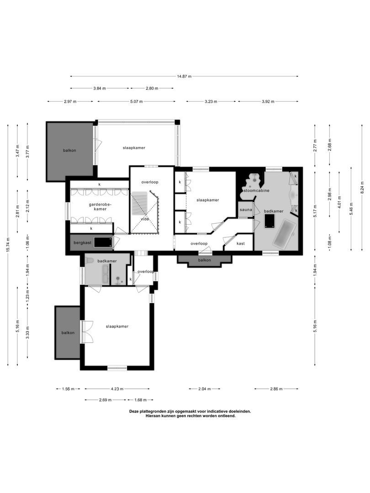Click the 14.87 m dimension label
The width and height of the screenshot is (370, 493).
tap(185, 76)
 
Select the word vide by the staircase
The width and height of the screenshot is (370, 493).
tap(145, 219)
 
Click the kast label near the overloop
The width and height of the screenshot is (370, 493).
tap(241, 243)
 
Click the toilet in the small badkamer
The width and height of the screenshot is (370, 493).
tap(90, 261)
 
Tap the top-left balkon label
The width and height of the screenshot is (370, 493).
tap(69, 150)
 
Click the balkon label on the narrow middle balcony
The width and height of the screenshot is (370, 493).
tap(204, 260)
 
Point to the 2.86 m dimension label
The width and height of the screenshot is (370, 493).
tap(276, 389)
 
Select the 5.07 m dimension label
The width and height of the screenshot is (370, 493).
tap(136, 101)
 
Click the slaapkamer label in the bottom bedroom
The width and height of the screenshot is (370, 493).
tap(117, 326)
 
